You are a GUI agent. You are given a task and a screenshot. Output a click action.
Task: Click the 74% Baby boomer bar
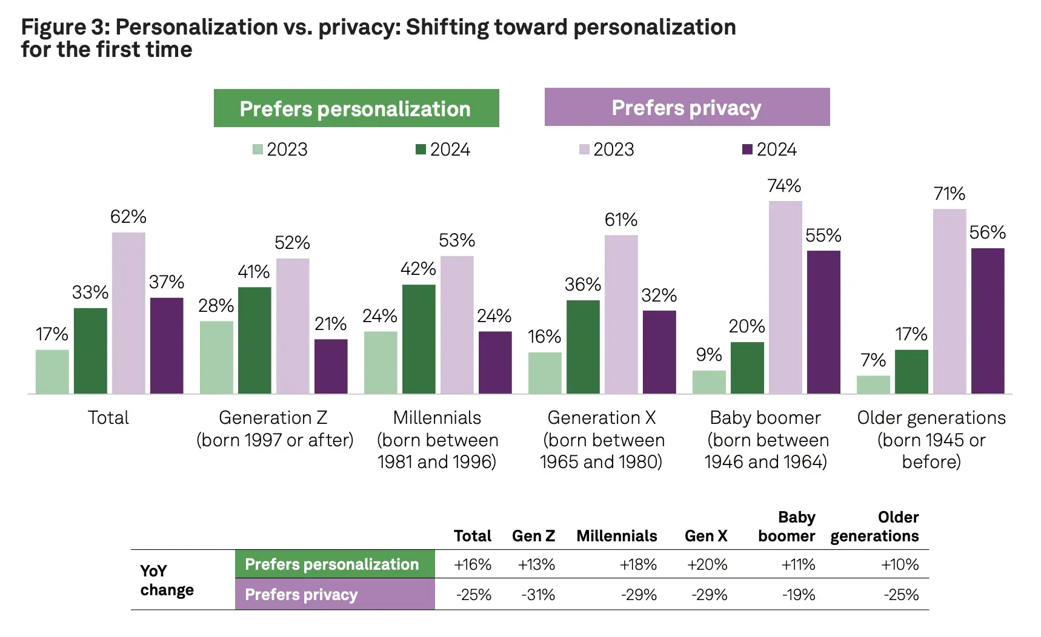tap(785, 297)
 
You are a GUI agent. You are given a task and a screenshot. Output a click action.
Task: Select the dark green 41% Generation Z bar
tap(254, 340)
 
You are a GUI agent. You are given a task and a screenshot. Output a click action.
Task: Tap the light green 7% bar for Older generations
tap(873, 385)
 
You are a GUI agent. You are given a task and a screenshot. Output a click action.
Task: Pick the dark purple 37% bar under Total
tap(167, 345)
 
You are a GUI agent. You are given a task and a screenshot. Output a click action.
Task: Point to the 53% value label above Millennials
tap(457, 240)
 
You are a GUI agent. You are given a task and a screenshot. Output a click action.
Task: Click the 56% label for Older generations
tap(987, 233)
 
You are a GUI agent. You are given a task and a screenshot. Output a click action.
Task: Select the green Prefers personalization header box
tap(356, 108)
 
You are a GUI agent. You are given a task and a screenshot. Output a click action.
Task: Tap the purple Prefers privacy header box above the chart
tap(687, 107)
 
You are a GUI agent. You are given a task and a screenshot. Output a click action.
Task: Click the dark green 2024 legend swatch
tap(421, 149)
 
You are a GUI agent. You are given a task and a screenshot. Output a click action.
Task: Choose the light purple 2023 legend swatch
tap(584, 149)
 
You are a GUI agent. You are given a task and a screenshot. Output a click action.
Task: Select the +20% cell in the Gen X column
tap(707, 564)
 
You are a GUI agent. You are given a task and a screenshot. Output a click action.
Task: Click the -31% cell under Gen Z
tap(537, 595)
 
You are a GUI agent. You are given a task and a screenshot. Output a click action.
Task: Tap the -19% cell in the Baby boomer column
tap(798, 595)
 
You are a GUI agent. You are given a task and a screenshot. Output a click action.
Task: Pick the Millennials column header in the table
tap(616, 536)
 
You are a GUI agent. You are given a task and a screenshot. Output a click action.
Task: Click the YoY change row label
tap(167, 580)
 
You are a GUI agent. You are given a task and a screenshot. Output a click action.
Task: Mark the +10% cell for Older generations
tap(899, 564)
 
